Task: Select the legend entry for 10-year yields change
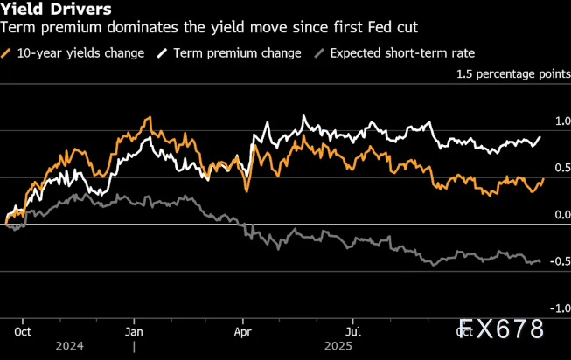74,52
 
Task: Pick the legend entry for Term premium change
229,52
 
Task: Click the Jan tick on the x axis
134,332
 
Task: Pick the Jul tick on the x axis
354,332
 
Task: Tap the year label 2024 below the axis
69,347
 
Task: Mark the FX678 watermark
501,329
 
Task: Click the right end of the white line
540,137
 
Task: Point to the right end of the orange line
543,178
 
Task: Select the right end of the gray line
540,261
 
